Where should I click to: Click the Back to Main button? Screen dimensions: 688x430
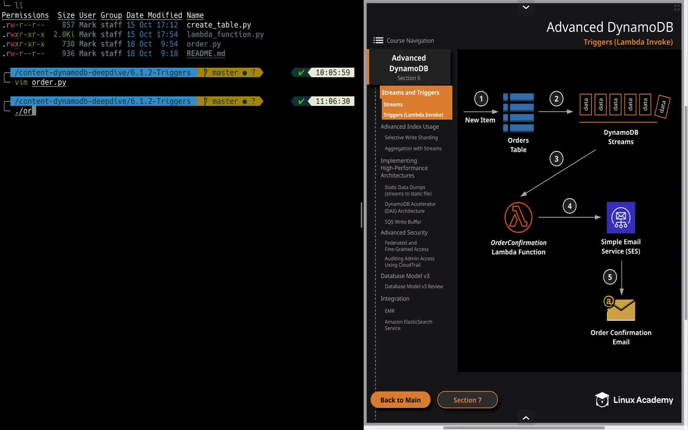[x=401, y=400]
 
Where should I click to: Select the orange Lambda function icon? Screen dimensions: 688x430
[x=518, y=217]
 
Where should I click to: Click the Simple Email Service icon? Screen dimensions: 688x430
[x=621, y=217]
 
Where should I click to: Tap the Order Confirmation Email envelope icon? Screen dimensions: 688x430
[x=620, y=308]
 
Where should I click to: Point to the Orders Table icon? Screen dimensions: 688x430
[x=518, y=113]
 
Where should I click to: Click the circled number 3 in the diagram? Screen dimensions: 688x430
[x=556, y=159]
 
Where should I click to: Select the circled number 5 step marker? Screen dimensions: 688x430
[x=610, y=277]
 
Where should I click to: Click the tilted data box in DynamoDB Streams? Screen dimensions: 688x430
[x=663, y=106]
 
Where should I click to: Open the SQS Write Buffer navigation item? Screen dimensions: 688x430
[x=403, y=222]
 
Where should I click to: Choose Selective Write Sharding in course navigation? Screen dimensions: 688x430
[x=411, y=137]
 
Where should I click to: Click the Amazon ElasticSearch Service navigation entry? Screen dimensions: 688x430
[x=408, y=325]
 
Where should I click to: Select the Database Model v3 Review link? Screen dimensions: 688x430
[x=414, y=286]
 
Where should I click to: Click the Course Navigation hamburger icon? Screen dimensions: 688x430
[x=378, y=40]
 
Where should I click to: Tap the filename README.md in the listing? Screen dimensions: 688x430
[x=206, y=53]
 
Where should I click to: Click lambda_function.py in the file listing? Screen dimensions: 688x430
[x=225, y=34]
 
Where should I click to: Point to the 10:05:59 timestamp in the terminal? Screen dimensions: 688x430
[x=333, y=72]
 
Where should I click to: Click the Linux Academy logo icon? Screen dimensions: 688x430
[x=602, y=400]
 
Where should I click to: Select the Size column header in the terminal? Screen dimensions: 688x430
[x=66, y=15]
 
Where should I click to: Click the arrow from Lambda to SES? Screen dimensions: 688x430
[x=570, y=217]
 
